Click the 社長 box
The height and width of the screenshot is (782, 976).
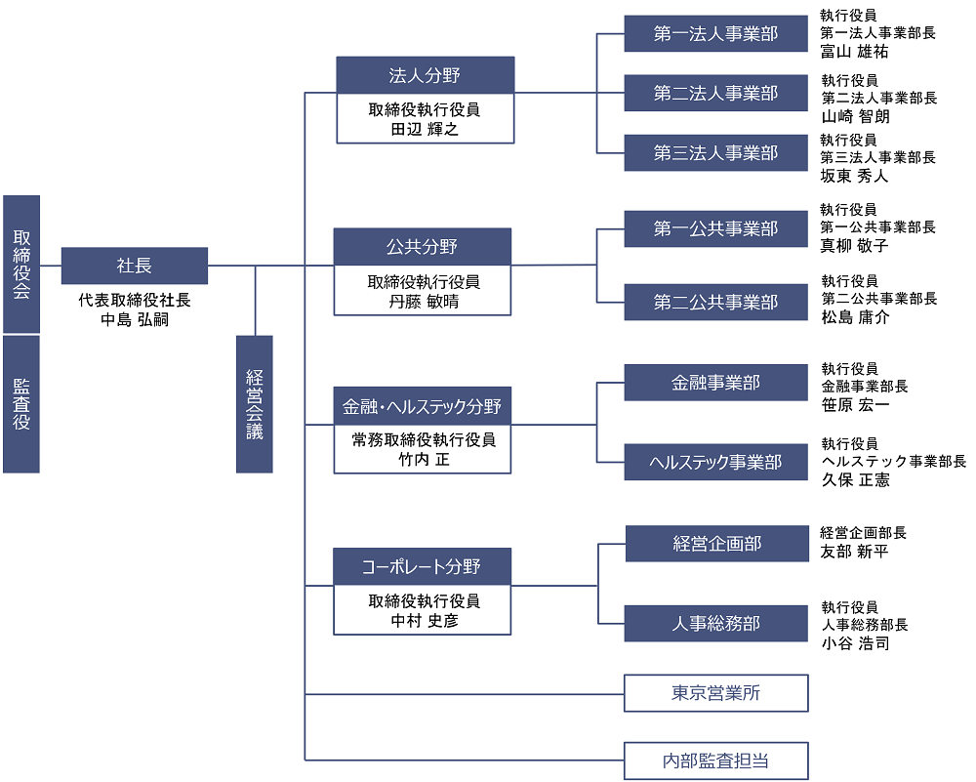click(x=135, y=266)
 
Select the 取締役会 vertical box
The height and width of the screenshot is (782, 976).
click(x=21, y=264)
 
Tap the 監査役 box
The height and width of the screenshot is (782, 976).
click(x=21, y=404)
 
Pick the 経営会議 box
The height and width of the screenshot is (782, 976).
click(x=255, y=404)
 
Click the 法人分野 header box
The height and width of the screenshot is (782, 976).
click(x=425, y=75)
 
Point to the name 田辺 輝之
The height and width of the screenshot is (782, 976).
click(x=425, y=129)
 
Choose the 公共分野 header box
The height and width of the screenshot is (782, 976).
click(x=422, y=246)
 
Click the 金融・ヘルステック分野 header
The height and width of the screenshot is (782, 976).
click(x=422, y=405)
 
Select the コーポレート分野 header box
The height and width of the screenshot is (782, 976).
click(x=422, y=566)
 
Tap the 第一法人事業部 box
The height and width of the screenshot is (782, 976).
click(x=716, y=34)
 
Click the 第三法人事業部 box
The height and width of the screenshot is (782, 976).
click(x=716, y=153)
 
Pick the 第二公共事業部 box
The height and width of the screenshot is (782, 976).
click(x=716, y=303)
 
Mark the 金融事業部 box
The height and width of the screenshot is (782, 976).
click(x=716, y=383)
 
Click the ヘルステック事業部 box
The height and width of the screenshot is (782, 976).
click(x=716, y=462)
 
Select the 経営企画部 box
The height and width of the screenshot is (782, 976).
click(x=717, y=544)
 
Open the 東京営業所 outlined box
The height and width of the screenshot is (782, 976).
click(x=716, y=693)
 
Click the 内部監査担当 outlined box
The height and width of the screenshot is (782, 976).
click(x=716, y=761)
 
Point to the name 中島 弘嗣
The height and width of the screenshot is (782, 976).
click(x=135, y=319)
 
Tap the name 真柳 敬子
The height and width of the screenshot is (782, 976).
click(x=855, y=246)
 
